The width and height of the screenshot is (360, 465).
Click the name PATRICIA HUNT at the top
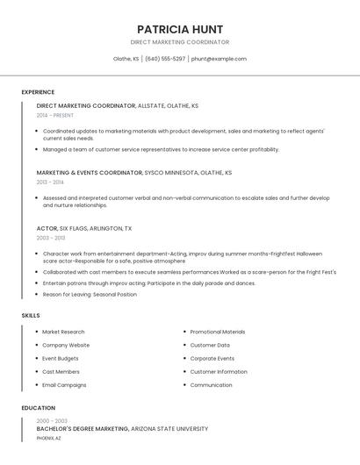(x=180, y=29)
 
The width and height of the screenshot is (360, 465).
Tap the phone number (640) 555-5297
(x=165, y=59)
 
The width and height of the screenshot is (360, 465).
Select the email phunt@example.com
(x=219, y=59)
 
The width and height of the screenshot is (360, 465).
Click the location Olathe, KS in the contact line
(x=126, y=59)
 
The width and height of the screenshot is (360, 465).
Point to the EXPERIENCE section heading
(x=38, y=92)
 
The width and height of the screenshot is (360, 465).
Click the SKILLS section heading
(x=31, y=315)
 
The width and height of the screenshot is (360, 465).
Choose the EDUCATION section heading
(x=38, y=408)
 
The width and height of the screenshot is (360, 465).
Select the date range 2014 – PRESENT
(x=55, y=115)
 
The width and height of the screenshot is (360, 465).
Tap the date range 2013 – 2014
(x=50, y=182)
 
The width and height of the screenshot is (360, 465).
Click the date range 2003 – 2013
(x=51, y=238)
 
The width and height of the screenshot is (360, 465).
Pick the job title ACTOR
(x=47, y=228)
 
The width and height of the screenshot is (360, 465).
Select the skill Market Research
(x=63, y=333)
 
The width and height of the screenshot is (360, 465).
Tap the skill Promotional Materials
(x=218, y=333)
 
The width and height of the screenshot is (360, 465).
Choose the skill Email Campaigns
(x=64, y=385)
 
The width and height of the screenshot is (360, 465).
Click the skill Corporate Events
(x=212, y=359)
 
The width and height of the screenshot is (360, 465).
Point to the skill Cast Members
(x=61, y=372)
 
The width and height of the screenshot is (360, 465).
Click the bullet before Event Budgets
(x=36, y=359)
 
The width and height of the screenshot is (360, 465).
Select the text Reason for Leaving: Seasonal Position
(x=90, y=295)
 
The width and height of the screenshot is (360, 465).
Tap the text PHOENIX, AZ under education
(x=49, y=437)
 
